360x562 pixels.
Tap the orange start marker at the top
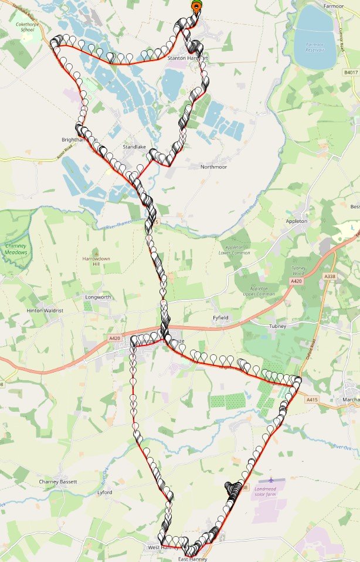coord(196,7)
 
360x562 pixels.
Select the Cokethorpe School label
coord(32,26)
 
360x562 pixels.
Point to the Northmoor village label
coord(213,167)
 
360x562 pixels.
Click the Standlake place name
coord(133,147)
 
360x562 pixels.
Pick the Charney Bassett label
coord(57,482)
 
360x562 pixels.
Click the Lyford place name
coord(104,493)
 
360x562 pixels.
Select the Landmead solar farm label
coord(271,491)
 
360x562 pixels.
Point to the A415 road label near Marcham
coord(312,399)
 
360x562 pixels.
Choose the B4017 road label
coord(350,73)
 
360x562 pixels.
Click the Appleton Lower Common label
coord(235,249)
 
